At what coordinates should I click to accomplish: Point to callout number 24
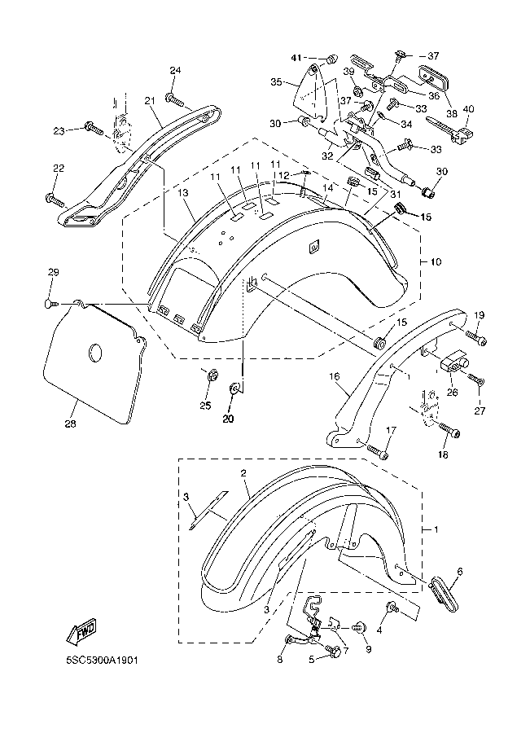(x=174, y=71)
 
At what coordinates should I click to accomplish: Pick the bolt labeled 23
(x=92, y=129)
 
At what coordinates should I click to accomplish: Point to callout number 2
(x=243, y=473)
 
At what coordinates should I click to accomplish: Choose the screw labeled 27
(x=475, y=380)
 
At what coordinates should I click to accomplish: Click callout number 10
(x=435, y=262)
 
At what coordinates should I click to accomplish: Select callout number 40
(x=468, y=109)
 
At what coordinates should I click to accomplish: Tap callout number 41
(x=297, y=58)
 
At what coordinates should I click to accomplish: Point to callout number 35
(x=276, y=82)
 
